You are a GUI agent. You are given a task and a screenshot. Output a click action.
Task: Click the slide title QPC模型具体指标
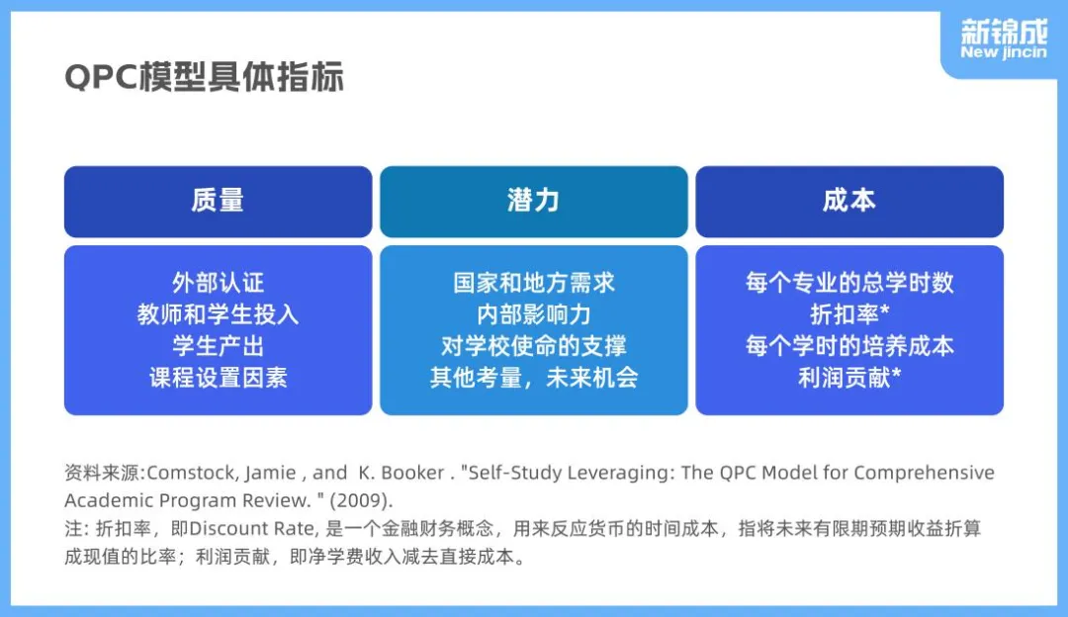point(204,77)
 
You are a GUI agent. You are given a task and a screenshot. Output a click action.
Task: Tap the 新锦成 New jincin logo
point(1004,40)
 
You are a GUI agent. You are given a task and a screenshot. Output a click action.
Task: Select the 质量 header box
point(218,202)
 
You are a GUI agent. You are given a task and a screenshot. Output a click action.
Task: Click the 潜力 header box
point(534,202)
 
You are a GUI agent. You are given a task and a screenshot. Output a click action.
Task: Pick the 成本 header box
point(849,202)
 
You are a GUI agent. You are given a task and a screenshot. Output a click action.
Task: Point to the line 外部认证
point(218,282)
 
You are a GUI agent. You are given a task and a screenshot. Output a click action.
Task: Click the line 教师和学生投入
point(218,314)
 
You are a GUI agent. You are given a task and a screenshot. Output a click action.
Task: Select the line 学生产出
point(218,345)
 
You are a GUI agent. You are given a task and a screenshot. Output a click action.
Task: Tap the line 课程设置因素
point(218,377)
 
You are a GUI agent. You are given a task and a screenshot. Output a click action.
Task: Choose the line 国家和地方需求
point(534,282)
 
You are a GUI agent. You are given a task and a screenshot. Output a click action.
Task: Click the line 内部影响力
point(534,314)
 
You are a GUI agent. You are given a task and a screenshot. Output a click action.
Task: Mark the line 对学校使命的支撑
point(534,345)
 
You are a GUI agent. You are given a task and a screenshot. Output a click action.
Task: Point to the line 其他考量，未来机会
point(534,377)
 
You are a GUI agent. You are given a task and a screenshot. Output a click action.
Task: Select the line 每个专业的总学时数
point(849,282)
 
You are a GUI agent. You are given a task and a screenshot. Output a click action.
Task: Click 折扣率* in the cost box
point(849,314)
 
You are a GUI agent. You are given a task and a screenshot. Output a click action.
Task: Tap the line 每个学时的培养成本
point(849,345)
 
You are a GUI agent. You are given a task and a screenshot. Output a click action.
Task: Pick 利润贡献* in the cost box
point(849,377)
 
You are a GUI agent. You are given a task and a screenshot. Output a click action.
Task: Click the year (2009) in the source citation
point(362,500)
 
